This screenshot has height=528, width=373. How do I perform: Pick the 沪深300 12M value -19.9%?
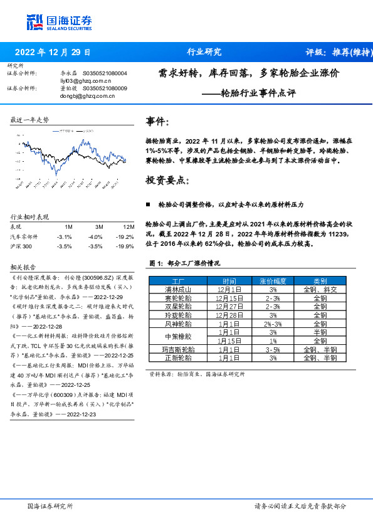[x=125, y=246]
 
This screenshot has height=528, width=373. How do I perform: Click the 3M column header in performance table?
[x=98, y=226]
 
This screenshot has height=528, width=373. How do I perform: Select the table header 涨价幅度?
[x=273, y=282]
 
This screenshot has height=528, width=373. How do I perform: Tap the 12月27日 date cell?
[x=229, y=307]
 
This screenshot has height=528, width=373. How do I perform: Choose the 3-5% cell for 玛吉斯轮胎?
[x=272, y=350]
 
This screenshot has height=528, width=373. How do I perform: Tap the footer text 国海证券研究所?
[x=50, y=505]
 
